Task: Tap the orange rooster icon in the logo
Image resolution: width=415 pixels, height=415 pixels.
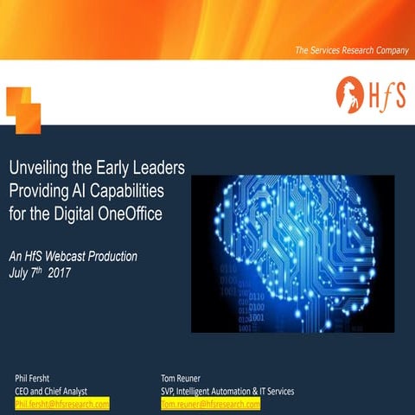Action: point(349,91)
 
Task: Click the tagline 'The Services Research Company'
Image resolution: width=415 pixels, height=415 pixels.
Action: point(351,51)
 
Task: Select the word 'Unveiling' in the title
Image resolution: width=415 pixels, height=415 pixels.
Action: point(38,166)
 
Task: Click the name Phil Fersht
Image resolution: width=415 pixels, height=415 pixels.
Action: point(34,378)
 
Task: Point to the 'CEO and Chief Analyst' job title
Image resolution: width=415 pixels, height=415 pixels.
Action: point(51,391)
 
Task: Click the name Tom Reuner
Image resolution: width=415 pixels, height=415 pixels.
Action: point(182,378)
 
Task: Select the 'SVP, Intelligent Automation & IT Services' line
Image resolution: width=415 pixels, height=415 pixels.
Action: point(227,391)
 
